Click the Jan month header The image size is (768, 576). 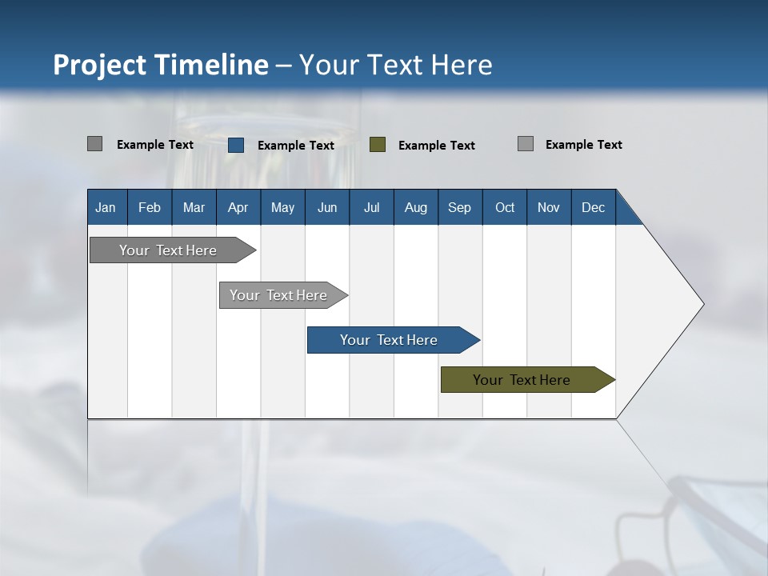coord(106,207)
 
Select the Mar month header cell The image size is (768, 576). coord(194,207)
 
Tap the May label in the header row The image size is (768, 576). coord(282,207)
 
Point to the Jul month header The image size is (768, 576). coord(371,207)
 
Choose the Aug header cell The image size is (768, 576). coord(415,207)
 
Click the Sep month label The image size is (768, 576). coord(459,207)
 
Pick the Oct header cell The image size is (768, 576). coord(505,207)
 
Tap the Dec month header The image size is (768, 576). coord(593,207)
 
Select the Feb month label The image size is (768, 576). coord(150,207)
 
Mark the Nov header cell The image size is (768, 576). coord(549,207)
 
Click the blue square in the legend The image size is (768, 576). coord(236,145)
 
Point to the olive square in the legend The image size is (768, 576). coord(378,145)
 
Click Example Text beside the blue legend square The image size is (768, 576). coord(296,146)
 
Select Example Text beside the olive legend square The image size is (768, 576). coord(437,146)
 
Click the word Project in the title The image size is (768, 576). coord(100,65)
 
